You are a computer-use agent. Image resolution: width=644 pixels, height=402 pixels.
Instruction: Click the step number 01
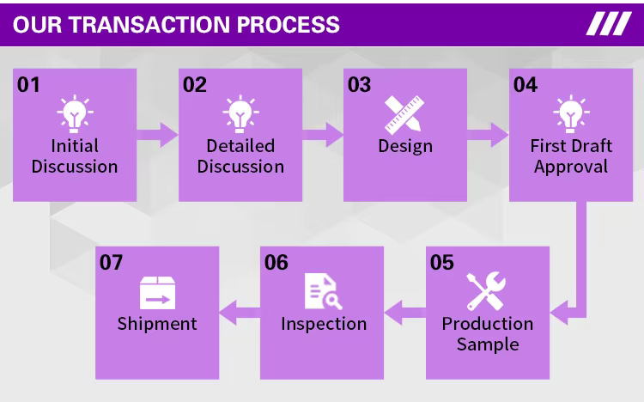coord(28,84)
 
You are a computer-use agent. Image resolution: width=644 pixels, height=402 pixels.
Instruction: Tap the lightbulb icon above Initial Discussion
coord(75,113)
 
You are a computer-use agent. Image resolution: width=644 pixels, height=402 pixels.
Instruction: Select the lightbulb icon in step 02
coord(240,113)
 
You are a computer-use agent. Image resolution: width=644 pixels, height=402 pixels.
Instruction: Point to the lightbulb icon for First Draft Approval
coord(570,113)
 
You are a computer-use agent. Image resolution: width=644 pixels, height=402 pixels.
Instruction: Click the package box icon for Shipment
coord(157,293)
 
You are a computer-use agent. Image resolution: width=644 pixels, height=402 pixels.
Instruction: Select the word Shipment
coord(157,324)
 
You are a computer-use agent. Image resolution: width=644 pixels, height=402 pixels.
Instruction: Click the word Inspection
coord(324,324)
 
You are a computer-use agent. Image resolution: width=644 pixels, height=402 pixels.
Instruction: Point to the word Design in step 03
coord(404,146)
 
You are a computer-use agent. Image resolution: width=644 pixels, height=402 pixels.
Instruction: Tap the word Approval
coord(571,167)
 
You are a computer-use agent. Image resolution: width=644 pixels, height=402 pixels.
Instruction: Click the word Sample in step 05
coord(488,344)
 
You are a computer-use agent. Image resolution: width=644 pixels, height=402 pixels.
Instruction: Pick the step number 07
coord(112,262)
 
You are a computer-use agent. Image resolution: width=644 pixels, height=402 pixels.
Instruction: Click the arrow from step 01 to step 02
coord(158,134)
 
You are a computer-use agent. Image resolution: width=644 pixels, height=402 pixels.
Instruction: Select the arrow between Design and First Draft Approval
coord(489,134)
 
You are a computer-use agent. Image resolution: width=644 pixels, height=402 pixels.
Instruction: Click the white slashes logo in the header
coord(608,23)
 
